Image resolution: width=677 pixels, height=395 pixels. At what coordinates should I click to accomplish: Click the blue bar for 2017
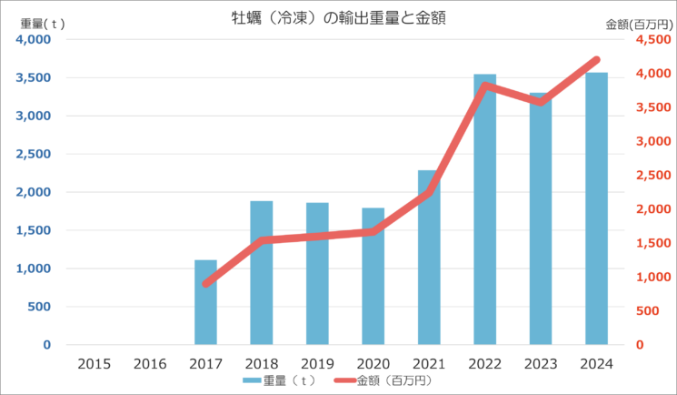click(205, 302)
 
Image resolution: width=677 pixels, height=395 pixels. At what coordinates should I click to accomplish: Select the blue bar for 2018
click(262, 273)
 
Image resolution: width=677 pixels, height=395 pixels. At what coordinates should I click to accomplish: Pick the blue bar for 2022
click(484, 209)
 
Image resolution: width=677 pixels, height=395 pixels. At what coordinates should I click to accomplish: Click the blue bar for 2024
click(596, 208)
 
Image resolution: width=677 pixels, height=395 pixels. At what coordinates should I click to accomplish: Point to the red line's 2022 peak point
click(484, 86)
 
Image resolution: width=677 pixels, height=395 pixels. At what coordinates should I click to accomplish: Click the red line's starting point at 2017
click(206, 284)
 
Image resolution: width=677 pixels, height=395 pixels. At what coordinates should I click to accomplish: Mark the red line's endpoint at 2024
click(596, 60)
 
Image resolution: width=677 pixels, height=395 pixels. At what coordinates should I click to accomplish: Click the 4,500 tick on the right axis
click(652, 40)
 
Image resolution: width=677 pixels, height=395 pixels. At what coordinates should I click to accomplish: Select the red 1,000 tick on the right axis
click(652, 278)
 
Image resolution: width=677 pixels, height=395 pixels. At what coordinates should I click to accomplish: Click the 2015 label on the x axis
click(95, 363)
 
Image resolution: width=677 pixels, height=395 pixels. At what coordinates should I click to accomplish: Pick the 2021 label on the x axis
click(429, 363)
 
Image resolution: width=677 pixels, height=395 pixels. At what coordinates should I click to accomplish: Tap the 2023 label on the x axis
click(541, 363)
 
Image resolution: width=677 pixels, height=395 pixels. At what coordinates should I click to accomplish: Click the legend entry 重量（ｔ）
click(282, 380)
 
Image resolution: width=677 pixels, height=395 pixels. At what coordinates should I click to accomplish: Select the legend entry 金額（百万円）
click(385, 380)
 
